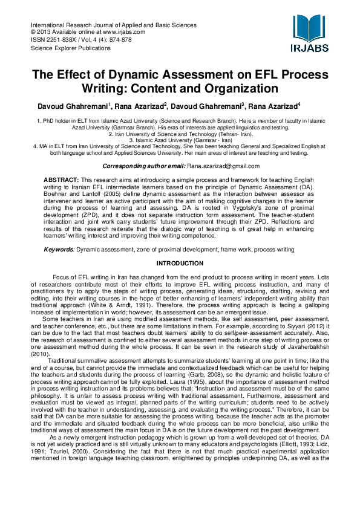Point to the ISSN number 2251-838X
coord(60,39)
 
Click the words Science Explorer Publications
coord(70,47)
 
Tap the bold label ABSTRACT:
coord(61,181)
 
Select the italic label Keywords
coord(58,249)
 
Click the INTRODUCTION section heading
coord(180,264)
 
